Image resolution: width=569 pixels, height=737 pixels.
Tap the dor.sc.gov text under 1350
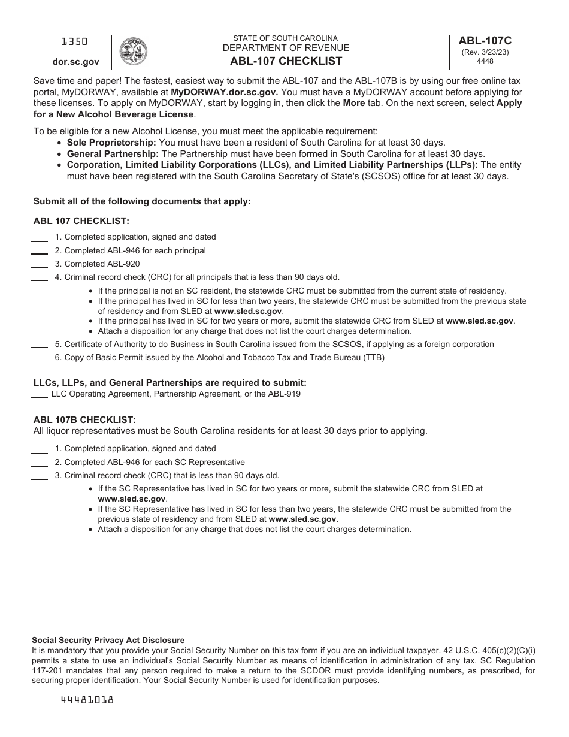75,61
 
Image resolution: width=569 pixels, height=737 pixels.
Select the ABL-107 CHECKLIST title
286,61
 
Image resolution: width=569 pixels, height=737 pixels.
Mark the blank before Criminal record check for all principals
40,279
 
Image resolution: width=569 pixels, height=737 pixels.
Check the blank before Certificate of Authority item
40,346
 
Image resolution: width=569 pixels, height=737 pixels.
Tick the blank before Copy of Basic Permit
40,359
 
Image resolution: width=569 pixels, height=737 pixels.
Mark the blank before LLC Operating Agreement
40,396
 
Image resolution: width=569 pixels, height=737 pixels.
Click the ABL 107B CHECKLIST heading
84,420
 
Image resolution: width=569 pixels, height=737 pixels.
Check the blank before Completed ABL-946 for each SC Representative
40,464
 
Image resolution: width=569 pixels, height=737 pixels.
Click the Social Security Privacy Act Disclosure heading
108,640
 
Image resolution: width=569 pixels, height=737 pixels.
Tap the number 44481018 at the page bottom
87,699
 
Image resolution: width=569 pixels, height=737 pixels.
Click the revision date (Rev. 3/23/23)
485,52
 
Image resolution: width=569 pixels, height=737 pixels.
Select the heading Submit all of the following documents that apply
142,201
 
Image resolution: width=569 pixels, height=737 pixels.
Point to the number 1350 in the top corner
75,41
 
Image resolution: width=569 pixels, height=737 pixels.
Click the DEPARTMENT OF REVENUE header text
286,48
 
